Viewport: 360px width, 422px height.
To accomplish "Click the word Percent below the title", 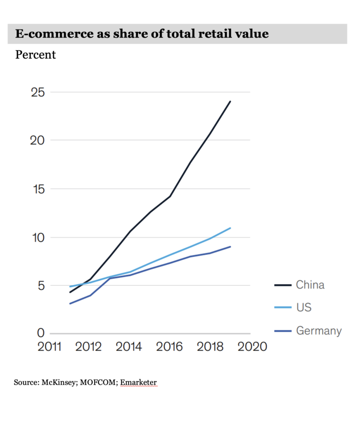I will click(36, 55).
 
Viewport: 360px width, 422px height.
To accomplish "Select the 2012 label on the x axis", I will click(89, 347).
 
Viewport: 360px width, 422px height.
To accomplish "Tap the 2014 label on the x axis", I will click(129, 347).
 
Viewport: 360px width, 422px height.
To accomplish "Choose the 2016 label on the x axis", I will click(169, 347).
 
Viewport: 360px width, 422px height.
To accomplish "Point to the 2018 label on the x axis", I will click(210, 347).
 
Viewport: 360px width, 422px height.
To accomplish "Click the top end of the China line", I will click(230, 101).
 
